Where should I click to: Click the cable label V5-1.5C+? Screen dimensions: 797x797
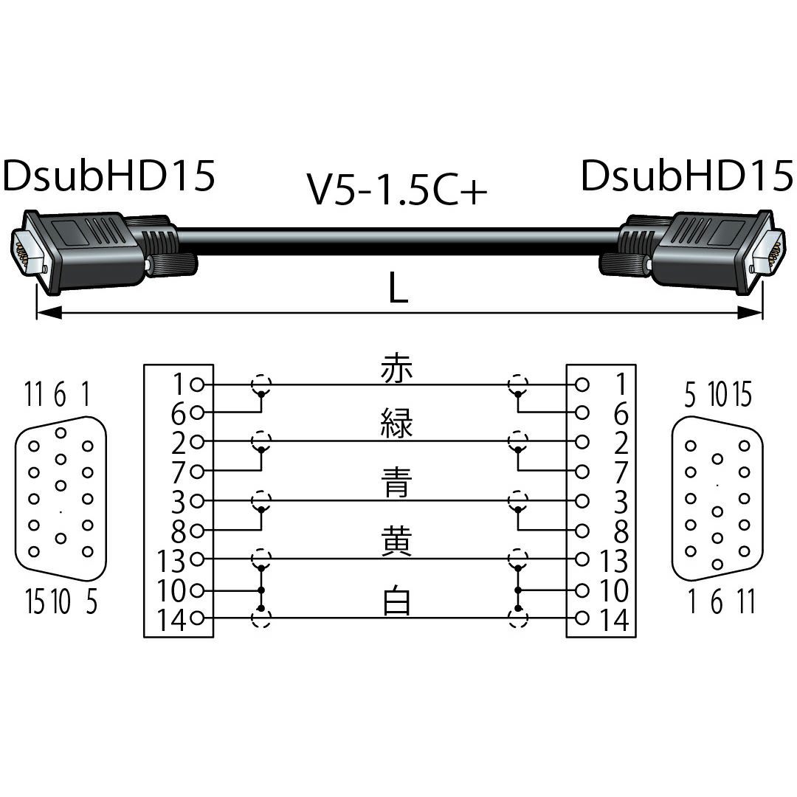click(397, 189)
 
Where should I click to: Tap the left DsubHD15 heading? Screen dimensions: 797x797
click(108, 176)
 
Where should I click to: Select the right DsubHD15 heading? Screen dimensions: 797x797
click(687, 176)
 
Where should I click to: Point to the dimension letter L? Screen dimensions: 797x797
click(398, 287)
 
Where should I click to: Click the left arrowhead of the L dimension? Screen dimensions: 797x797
click(49, 313)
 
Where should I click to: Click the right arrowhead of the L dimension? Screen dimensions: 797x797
click(751, 313)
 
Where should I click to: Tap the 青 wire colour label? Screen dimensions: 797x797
click(396, 483)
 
